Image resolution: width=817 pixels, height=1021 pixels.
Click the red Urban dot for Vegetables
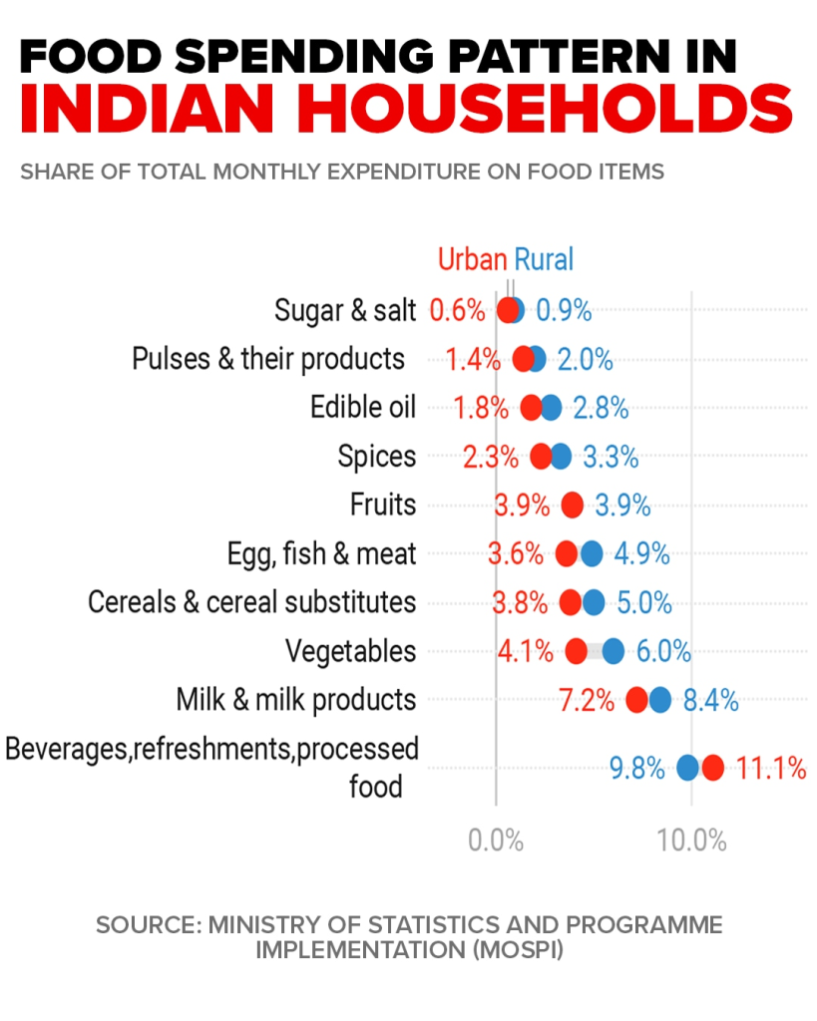click(576, 651)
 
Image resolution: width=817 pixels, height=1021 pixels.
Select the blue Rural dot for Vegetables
click(613, 651)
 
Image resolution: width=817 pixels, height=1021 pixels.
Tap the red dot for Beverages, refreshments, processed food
click(711, 768)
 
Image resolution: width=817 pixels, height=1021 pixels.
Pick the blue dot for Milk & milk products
click(659, 700)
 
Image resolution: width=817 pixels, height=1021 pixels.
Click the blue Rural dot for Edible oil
click(551, 407)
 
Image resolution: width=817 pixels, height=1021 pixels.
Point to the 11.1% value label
click(770, 769)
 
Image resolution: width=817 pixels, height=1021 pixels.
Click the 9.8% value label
click(636, 769)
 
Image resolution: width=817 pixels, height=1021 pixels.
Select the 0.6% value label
click(457, 310)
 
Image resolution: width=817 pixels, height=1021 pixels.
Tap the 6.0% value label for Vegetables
click(663, 652)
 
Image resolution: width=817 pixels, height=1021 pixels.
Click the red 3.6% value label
click(516, 554)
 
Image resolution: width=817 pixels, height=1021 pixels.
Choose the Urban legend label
click(472, 260)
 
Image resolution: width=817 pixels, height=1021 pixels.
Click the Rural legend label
click(544, 260)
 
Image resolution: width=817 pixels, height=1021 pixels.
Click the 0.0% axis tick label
click(496, 840)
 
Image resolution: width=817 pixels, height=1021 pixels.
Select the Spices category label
click(376, 457)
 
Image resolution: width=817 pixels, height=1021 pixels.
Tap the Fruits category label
click(382, 505)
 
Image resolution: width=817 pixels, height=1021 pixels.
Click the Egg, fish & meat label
click(321, 553)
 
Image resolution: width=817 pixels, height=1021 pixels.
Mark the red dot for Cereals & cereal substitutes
click(571, 602)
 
